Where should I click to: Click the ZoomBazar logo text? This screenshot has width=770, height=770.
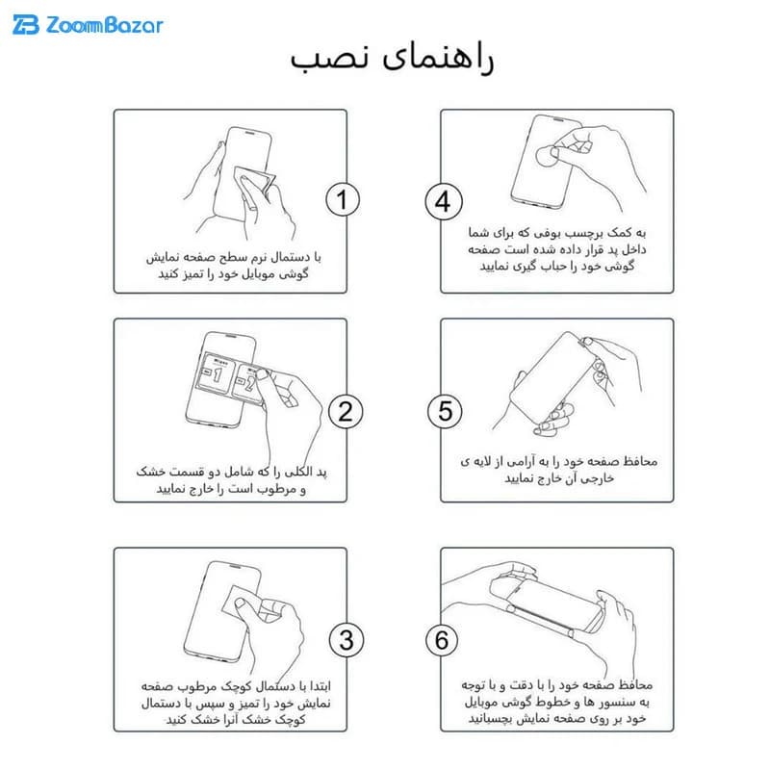click(104, 25)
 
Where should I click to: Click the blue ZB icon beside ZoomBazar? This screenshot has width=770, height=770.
click(26, 25)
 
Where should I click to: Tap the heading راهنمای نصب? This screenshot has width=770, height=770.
click(392, 59)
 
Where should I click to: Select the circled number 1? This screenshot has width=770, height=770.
click(343, 199)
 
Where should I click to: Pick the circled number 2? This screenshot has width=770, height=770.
click(346, 412)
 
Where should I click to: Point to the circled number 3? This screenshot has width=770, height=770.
click(346, 640)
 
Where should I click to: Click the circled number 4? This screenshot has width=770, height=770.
click(444, 202)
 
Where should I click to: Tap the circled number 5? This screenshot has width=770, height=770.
click(445, 411)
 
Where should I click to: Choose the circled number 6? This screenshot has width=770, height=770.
click(442, 640)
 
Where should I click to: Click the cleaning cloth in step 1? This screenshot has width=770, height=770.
click(255, 185)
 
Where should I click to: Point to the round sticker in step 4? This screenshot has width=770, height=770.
click(546, 155)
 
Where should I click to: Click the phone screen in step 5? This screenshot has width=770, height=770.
click(552, 377)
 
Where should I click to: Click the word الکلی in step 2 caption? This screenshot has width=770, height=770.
click(299, 472)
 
